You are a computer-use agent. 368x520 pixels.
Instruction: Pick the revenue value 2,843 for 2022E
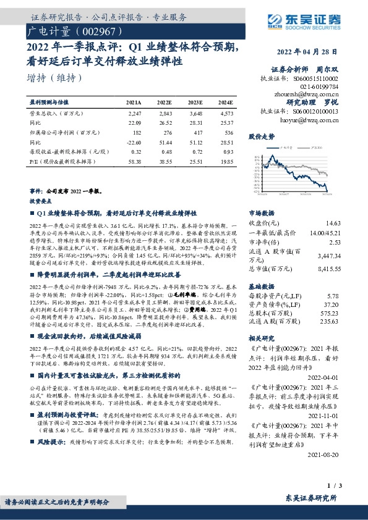click(x=165, y=114)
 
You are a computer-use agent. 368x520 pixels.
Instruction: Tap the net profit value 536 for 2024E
click(x=226, y=132)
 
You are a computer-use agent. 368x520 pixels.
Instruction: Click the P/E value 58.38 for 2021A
click(x=134, y=161)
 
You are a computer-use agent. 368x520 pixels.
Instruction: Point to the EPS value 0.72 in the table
click(x=197, y=151)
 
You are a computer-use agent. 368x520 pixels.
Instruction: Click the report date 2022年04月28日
click(x=307, y=52)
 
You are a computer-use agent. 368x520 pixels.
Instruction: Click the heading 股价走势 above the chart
click(x=260, y=135)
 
